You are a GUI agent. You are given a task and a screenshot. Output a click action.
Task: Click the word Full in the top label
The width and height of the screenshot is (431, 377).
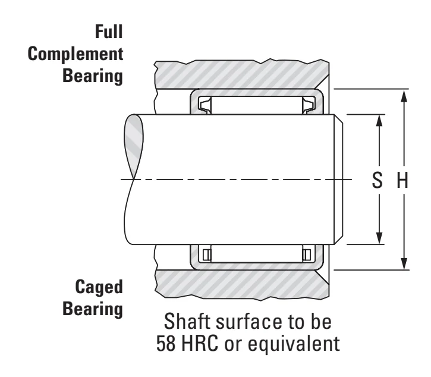tap(109, 32)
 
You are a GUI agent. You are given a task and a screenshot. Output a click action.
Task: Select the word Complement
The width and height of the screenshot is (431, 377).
tap(75, 54)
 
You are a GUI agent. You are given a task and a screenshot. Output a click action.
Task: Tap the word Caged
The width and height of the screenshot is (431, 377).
tap(99, 287)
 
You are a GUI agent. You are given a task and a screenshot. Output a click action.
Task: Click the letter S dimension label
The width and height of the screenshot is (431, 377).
tap(377, 180)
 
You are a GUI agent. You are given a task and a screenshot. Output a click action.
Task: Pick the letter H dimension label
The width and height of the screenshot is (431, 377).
tap(402, 180)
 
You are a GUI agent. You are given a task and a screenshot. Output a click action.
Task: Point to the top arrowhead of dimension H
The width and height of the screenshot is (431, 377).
tap(404, 96)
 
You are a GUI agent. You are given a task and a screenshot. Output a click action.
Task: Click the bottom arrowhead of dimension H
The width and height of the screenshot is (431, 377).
tap(404, 263)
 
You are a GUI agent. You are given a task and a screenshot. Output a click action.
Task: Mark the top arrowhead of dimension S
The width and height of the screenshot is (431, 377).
tap(379, 121)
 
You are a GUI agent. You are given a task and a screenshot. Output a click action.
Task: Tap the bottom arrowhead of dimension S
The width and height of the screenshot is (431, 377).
tap(379, 238)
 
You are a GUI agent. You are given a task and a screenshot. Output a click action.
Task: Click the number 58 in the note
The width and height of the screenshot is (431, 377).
tap(166, 344)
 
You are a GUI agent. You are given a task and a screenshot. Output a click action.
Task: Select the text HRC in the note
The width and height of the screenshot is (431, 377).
tap(200, 344)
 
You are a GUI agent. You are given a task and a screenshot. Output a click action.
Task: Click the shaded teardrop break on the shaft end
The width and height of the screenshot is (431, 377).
tap(134, 146)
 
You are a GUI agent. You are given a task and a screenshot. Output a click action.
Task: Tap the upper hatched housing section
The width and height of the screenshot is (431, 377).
tap(242, 74)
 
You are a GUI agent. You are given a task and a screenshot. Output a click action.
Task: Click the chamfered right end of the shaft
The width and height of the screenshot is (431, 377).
tap(339, 180)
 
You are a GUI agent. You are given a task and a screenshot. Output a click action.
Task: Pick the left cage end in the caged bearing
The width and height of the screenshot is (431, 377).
tap(207, 255)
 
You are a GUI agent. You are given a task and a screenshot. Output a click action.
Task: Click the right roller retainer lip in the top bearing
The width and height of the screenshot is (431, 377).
tap(309, 105)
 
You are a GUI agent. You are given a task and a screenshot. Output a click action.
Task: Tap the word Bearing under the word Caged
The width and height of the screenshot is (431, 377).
tap(93, 309)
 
